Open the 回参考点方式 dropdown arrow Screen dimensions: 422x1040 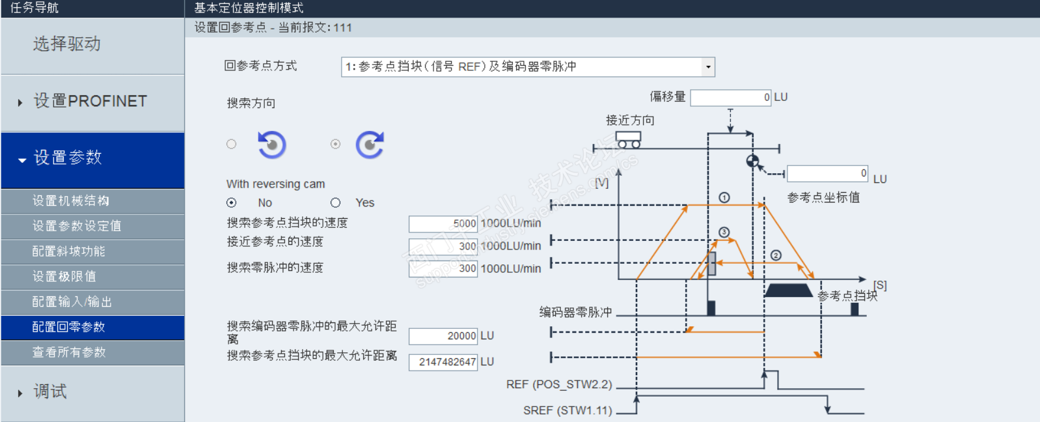point(708,67)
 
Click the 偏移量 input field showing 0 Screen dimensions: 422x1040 point(730,98)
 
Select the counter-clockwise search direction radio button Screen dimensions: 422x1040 point(231,144)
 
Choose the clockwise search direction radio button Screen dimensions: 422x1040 point(335,144)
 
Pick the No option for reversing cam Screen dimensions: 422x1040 point(231,203)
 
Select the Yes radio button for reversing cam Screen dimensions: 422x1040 point(335,203)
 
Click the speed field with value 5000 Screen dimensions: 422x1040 point(443,224)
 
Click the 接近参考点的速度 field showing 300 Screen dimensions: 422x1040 point(443,246)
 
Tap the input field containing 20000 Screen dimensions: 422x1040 point(443,336)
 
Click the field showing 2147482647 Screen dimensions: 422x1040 point(443,362)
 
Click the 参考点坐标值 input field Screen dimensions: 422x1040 point(827,173)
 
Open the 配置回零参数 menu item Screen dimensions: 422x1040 point(92,327)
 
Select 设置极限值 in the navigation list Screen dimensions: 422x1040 point(92,277)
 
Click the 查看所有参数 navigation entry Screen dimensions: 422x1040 point(92,352)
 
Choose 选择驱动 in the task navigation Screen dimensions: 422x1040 point(92,44)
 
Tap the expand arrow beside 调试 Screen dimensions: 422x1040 point(20,393)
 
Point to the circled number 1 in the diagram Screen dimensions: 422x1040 point(724,197)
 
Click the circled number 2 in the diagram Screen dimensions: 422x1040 point(776,255)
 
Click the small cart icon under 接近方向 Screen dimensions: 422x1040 point(629,140)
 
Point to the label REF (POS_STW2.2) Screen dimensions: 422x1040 point(559,384)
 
